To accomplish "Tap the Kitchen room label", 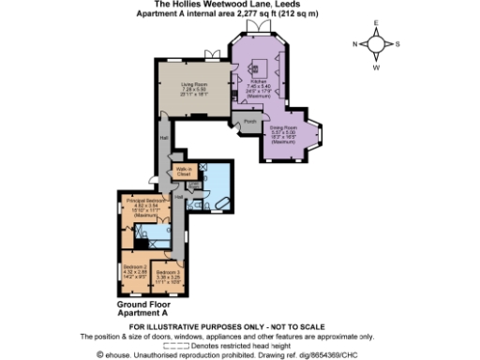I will point(259,83).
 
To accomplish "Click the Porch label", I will point(248,123).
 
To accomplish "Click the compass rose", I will point(375,44).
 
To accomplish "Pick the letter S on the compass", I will point(397,44).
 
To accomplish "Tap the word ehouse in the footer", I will point(123,354).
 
